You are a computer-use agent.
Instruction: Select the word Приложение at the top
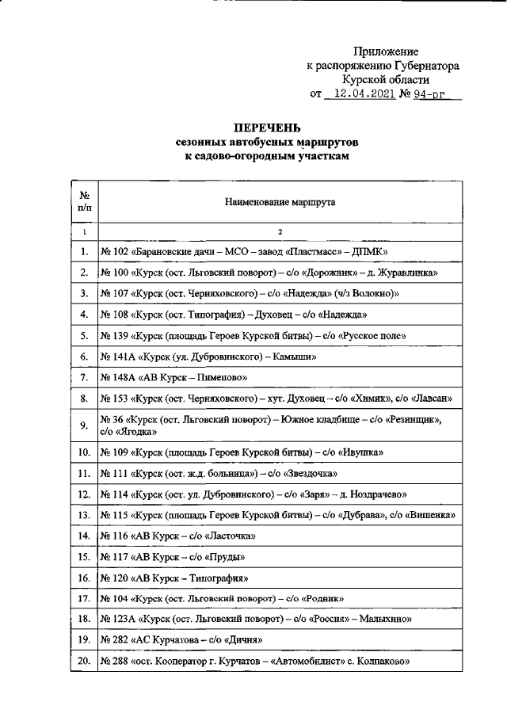click(386, 51)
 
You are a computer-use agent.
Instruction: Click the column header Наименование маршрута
click(279, 202)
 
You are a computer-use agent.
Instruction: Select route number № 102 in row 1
click(116, 252)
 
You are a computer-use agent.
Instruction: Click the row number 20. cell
click(84, 659)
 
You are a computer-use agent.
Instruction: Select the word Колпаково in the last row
click(380, 659)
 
